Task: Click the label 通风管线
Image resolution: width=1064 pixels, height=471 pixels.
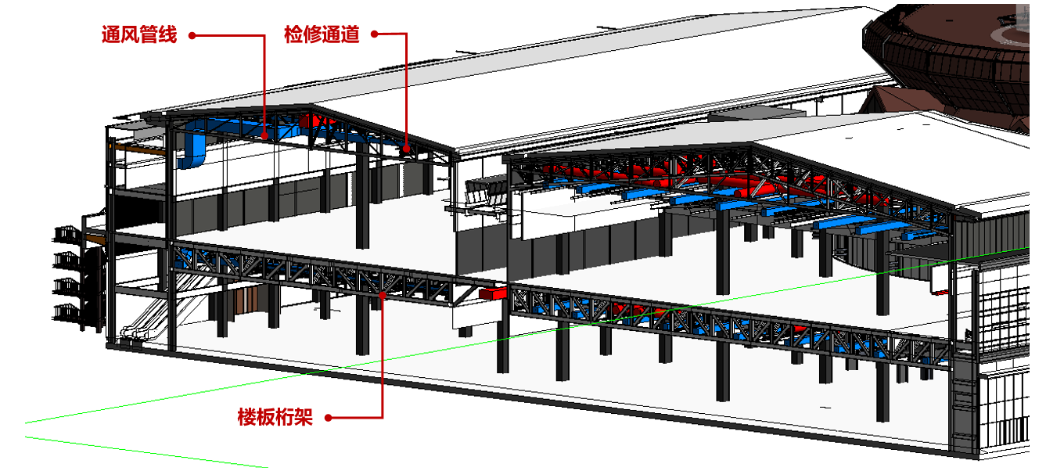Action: [139, 34]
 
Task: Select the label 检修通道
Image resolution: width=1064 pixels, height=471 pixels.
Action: [322, 34]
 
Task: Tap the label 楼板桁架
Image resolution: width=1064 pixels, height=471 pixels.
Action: [275, 417]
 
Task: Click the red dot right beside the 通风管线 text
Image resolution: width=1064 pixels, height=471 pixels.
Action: [192, 34]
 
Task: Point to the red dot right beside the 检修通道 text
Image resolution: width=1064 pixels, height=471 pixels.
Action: [374, 34]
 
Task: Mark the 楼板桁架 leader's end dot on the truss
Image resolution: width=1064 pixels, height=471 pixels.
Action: [383, 295]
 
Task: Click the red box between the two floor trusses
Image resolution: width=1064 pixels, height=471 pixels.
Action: [493, 293]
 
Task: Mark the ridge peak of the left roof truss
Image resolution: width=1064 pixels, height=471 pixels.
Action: [313, 106]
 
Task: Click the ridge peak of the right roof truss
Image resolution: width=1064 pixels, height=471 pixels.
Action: [751, 145]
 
